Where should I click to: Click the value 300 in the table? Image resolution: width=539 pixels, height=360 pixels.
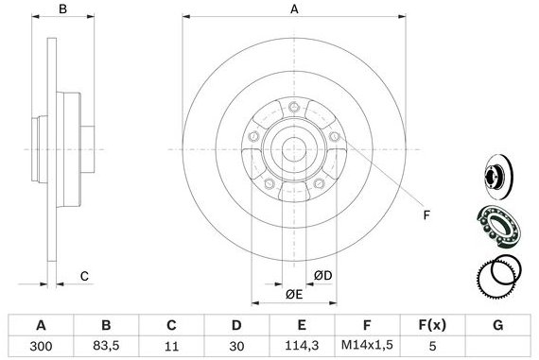tap(41, 346)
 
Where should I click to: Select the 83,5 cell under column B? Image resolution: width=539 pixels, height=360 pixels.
tap(106, 346)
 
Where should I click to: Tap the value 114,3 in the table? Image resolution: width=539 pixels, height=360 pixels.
tap(302, 345)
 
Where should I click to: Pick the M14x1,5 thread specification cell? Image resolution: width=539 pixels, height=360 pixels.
tap(367, 346)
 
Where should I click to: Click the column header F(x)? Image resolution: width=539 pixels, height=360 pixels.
tap(432, 325)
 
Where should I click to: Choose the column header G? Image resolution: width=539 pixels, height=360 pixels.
tap(497, 325)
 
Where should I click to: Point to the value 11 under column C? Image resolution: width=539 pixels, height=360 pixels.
tap(171, 346)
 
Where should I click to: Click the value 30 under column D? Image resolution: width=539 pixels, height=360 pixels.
tap(236, 346)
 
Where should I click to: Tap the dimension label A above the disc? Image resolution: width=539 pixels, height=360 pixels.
tap(294, 9)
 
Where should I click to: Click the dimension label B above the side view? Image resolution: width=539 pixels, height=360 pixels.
tap(62, 9)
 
